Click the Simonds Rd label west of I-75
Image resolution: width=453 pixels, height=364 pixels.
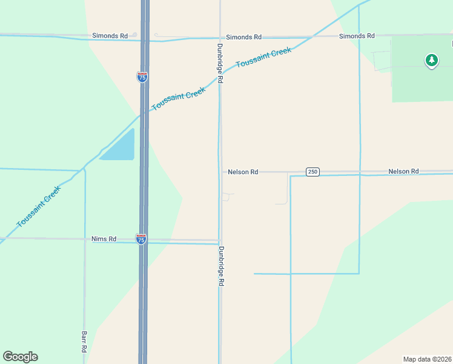pyautogui.click(x=110, y=36)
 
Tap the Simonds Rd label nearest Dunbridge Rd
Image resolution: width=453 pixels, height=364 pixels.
pyautogui.click(x=243, y=37)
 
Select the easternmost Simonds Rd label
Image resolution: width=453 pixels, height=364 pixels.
pyautogui.click(x=357, y=36)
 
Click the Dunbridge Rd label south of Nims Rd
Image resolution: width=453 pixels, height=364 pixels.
pyautogui.click(x=222, y=266)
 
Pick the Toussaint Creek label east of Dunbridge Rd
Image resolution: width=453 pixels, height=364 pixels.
pyautogui.click(x=263, y=58)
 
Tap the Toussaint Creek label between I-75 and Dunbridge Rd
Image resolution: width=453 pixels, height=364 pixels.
pyautogui.click(x=179, y=98)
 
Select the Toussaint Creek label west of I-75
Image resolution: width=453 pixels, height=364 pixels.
pyautogui.click(x=38, y=207)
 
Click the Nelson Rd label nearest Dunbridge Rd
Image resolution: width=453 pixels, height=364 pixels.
pyautogui.click(x=243, y=172)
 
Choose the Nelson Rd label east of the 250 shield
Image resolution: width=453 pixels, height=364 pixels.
pyautogui.click(x=403, y=172)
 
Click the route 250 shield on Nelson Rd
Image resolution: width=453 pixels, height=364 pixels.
pyautogui.click(x=312, y=172)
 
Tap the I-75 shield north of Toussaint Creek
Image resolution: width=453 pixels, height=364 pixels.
pyautogui.click(x=142, y=76)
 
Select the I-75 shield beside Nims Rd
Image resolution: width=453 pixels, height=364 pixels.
pyautogui.click(x=141, y=239)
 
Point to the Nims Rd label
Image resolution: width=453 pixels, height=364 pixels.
pyautogui.click(x=104, y=239)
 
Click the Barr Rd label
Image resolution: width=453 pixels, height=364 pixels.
pyautogui.click(x=84, y=342)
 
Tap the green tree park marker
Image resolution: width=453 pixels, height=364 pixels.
pyautogui.click(x=431, y=60)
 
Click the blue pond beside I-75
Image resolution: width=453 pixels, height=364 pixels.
pyautogui.click(x=119, y=147)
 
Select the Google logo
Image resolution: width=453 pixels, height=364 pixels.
pyautogui.click(x=20, y=357)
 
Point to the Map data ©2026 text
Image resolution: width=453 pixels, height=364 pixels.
pyautogui.click(x=427, y=359)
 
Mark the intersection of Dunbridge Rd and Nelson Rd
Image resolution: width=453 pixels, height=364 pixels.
pyautogui.click(x=220, y=172)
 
